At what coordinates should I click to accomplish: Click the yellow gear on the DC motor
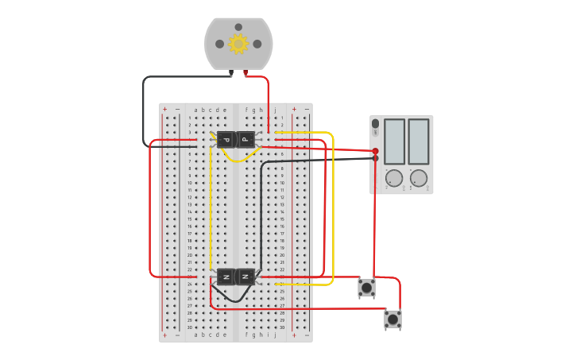click(238, 44)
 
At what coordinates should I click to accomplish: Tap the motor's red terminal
click(245, 73)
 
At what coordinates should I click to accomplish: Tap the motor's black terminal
click(231, 73)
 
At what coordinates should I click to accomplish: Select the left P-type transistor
click(226, 140)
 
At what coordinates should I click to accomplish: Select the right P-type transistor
click(245, 140)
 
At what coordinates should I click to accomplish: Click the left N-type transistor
click(226, 277)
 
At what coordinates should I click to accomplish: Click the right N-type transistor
click(245, 277)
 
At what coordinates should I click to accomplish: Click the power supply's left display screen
click(394, 141)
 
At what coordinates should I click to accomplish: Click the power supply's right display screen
click(419, 141)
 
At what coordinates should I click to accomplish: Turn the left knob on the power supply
click(394, 178)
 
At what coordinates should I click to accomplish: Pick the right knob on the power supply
click(419, 178)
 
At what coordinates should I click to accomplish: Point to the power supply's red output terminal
click(376, 151)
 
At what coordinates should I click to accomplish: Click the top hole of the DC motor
click(238, 27)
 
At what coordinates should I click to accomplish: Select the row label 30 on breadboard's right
click(282, 327)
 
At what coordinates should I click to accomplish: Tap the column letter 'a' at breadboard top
click(195, 110)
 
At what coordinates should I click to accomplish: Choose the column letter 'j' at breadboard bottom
click(275, 335)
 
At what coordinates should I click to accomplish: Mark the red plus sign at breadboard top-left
click(164, 110)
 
